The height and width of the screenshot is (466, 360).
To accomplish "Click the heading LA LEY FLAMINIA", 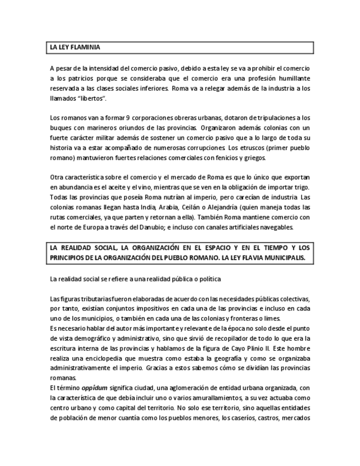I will coord(75,48).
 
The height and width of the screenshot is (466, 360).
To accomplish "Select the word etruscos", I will coord(247,148).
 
